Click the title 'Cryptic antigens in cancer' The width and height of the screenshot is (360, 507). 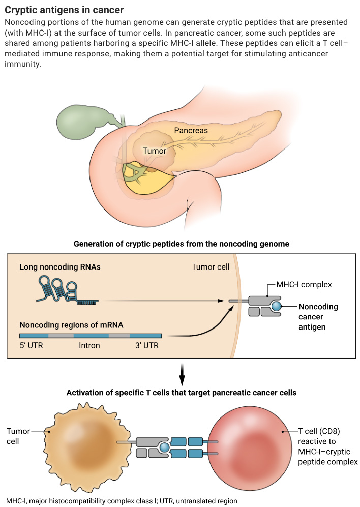pyautogui.click(x=64, y=10)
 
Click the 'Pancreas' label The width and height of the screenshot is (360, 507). pyautogui.click(x=191, y=130)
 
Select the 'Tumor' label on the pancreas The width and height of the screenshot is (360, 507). pyautogui.click(x=155, y=151)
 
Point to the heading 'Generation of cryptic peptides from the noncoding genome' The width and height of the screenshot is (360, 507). pyautogui.click(x=182, y=244)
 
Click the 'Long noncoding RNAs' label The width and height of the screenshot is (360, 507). pyautogui.click(x=60, y=266)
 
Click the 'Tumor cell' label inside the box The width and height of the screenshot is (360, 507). pyautogui.click(x=211, y=267)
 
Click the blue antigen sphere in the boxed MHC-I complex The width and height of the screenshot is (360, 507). pyautogui.click(x=276, y=306)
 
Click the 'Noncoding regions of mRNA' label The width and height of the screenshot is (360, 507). pyautogui.click(x=71, y=324)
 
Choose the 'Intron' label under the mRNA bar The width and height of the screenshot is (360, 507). pyautogui.click(x=89, y=346)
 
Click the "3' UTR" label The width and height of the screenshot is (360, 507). pyautogui.click(x=144, y=346)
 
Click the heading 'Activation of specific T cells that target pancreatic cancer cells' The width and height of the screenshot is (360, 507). pyautogui.click(x=182, y=393)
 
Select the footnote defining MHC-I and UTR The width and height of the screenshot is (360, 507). pyautogui.click(x=122, y=501)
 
